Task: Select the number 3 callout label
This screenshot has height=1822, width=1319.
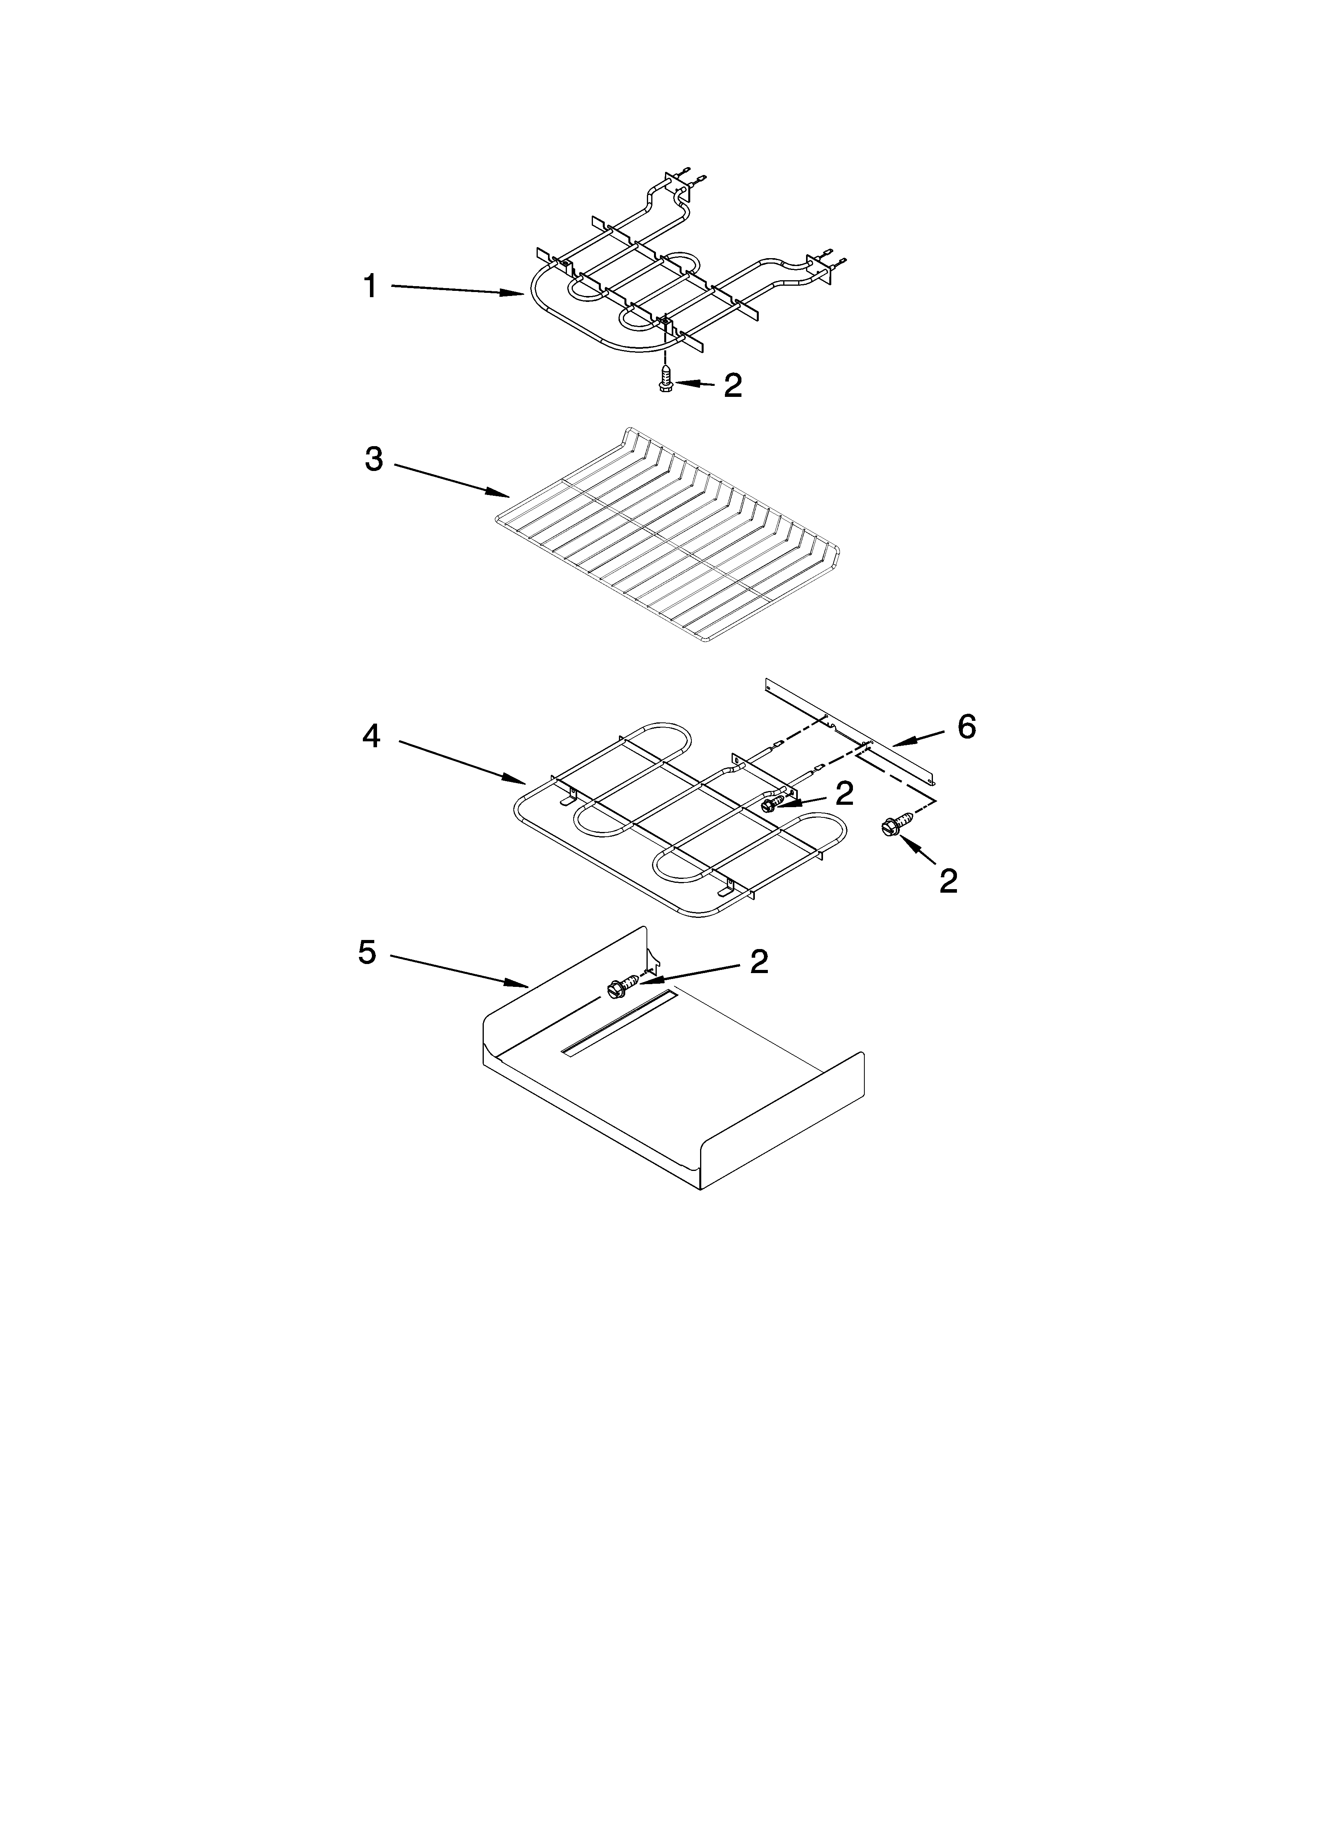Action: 373,460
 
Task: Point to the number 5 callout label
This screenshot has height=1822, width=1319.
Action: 367,953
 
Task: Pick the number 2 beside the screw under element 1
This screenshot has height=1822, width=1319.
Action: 733,386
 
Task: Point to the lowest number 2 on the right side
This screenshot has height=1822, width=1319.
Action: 949,881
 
